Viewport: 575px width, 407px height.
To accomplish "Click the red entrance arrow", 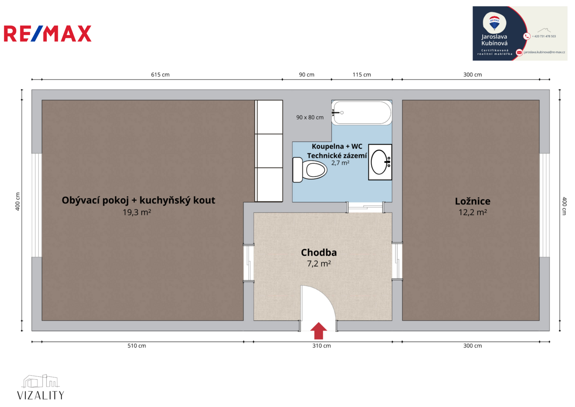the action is coord(318,331).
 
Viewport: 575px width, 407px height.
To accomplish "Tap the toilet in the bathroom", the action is coord(310,170).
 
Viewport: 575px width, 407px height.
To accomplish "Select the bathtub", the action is coord(361,113).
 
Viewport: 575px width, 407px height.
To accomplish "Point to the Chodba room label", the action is coord(319,252).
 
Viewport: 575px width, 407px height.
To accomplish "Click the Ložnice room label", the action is coord(473,201).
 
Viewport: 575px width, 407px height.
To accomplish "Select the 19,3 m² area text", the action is coord(137,212).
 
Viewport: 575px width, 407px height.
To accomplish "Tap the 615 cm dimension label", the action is coord(160,75).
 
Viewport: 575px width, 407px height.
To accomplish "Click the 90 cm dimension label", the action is coord(307,75).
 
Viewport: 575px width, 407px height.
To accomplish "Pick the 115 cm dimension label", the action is coord(362,75).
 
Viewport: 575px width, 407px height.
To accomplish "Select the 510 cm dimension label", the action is coord(137,346).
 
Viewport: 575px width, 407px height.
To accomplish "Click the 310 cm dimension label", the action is coord(322,346).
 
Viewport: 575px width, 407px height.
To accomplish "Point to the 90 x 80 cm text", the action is coord(310,118).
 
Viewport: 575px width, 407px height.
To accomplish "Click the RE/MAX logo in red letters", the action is coord(48,34).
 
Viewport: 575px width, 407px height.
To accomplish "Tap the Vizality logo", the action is coord(41,387).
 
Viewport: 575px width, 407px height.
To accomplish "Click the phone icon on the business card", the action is coord(526,36).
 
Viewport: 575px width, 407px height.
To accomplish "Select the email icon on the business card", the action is coord(519,52).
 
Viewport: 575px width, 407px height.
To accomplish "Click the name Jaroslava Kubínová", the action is coord(494,40).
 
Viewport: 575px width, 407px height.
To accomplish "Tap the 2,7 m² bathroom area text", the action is coord(340,163).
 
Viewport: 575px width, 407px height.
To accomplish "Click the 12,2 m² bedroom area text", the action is coord(473,212).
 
